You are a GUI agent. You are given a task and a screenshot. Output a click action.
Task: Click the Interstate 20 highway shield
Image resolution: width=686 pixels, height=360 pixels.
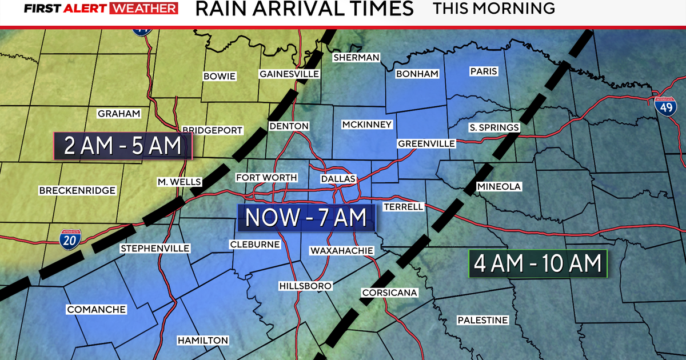click(70, 238)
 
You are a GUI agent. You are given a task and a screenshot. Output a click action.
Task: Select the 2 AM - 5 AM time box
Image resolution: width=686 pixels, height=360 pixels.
click(123, 146)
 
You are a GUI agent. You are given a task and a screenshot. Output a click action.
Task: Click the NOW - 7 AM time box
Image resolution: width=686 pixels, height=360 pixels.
click(306, 218)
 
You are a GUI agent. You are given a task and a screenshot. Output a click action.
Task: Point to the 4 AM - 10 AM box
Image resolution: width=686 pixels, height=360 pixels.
click(537, 264)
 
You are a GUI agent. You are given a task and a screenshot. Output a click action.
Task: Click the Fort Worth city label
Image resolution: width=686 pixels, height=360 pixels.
click(266, 178)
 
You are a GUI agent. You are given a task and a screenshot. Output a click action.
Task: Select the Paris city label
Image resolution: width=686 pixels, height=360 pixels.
click(484, 71)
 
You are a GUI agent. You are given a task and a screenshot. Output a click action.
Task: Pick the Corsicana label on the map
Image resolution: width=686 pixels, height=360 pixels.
click(390, 293)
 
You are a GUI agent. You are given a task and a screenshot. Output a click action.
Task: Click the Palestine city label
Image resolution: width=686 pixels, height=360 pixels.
click(482, 320)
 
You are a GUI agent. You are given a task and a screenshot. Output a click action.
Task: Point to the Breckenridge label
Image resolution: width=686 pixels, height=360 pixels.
click(78, 190)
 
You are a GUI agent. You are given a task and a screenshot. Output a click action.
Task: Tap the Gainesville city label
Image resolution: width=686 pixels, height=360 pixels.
click(289, 74)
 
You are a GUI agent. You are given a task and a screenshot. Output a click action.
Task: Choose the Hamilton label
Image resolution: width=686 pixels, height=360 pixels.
click(203, 340)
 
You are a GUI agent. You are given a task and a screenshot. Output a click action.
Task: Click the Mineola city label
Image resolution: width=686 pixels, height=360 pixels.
click(499, 187)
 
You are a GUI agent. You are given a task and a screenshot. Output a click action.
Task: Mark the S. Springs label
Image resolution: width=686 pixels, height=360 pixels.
click(494, 127)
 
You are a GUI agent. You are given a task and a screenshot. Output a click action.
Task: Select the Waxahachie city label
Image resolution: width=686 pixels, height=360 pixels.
click(342, 250)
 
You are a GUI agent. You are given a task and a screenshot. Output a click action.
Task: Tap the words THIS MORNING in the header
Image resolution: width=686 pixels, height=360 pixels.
click(494, 9)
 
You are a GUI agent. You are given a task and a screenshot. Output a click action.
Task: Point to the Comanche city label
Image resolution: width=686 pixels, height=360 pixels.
click(97, 309)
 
